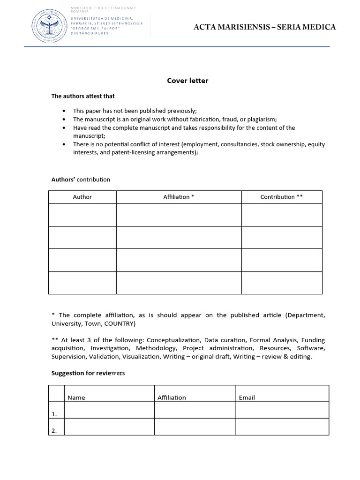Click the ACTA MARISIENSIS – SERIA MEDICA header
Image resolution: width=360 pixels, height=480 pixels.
[265, 27]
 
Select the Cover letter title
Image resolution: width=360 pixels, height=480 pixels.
[187, 81]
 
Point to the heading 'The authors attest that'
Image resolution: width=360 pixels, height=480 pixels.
[83, 96]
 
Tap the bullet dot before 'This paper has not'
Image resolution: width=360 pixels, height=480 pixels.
[64, 111]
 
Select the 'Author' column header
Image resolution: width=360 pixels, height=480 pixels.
[82, 197]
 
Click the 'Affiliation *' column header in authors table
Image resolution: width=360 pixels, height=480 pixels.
[179, 197]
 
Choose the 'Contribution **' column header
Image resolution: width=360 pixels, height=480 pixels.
[281, 197]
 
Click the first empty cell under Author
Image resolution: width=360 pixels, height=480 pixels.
[82, 215]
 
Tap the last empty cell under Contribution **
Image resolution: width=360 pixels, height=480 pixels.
[281, 283]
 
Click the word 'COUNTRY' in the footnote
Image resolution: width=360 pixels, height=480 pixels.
[120, 324]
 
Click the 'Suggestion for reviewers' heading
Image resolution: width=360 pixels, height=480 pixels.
[88, 373]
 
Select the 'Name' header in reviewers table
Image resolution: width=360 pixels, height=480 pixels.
[76, 397]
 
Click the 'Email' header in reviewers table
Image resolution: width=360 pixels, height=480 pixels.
[247, 397]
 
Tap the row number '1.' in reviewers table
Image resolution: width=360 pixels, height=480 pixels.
[54, 414]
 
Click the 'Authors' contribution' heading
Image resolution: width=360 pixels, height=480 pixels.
[81, 180]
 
